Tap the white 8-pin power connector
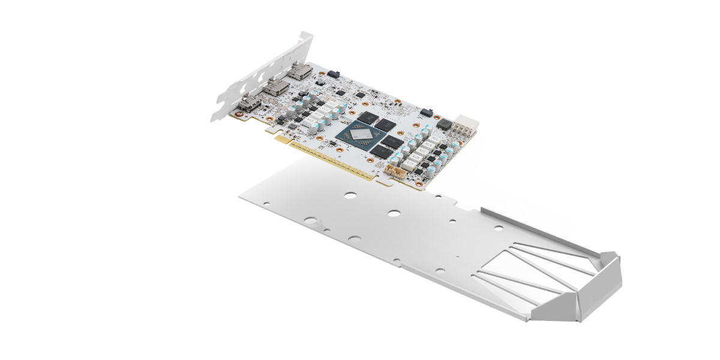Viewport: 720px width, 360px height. [467, 127]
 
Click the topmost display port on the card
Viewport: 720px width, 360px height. [299, 73]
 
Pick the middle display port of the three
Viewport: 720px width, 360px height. [276, 89]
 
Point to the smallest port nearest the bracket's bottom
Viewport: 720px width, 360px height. [248, 106]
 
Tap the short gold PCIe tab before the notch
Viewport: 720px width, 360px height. [281, 139]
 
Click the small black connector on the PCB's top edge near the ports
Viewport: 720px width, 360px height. [334, 74]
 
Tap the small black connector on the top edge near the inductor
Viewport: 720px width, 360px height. [427, 112]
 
